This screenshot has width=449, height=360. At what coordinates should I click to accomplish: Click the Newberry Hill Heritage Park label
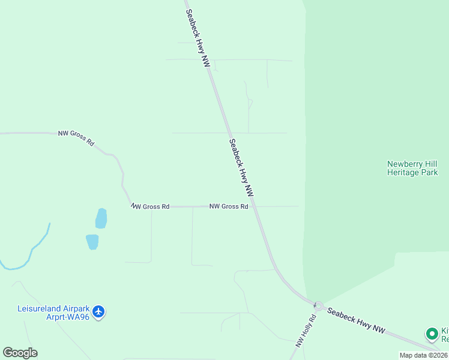[412, 168]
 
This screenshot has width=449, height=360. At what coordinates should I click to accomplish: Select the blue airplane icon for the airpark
[99, 312]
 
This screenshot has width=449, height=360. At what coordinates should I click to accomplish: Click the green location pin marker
[431, 334]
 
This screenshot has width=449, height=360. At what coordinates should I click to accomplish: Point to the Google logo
[20, 353]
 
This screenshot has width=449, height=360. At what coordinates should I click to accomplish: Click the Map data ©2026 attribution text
[424, 355]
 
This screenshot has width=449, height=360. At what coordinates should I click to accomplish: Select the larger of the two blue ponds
[101, 218]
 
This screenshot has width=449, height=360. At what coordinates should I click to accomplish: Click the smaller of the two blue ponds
[92, 242]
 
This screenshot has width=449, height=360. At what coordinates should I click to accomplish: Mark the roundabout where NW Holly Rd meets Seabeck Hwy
[318, 306]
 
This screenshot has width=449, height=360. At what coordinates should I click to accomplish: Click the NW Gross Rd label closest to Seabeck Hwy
[229, 206]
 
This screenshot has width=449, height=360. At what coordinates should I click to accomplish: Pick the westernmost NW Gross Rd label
[76, 138]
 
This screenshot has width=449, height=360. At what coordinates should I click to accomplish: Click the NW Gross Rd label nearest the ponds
[150, 206]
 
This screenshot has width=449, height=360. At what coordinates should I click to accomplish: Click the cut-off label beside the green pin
[445, 335]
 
